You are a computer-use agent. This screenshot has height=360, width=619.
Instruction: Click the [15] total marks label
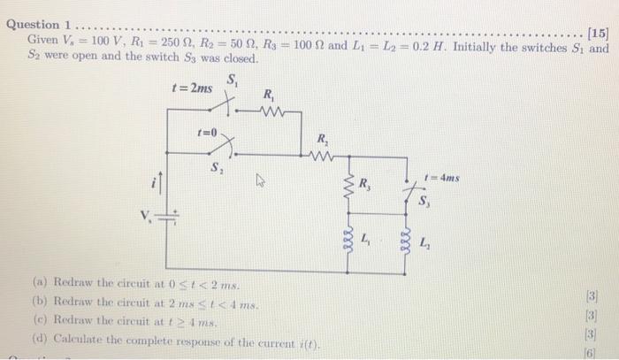pos(598,34)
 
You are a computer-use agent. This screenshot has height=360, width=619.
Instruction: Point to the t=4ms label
pos(441,177)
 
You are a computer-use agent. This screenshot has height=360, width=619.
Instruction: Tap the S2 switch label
pos(216,168)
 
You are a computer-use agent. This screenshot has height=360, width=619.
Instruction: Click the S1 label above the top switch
pos(233,80)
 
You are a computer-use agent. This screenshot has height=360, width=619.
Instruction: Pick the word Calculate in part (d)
pos(81,341)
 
